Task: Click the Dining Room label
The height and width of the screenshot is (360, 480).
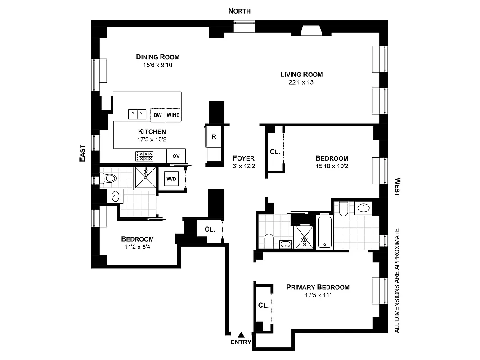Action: (157, 57)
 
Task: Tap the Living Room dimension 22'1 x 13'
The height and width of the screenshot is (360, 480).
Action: (301, 82)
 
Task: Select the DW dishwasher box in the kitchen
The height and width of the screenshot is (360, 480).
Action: (157, 115)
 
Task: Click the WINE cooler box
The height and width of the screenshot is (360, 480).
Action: (173, 115)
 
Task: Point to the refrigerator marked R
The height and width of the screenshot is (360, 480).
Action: (214, 137)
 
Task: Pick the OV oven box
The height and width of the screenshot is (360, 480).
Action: (176, 156)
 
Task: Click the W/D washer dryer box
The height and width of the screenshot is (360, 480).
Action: (171, 179)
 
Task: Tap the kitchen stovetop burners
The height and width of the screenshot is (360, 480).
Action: (144, 156)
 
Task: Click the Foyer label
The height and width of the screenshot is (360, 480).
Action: (243, 158)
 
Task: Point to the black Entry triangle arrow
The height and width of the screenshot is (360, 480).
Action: (241, 334)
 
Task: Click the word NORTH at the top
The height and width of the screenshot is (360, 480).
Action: (239, 11)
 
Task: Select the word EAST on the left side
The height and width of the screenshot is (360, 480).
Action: (82, 153)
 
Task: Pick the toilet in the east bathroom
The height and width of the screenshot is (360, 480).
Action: (108, 178)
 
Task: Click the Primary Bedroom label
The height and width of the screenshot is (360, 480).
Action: (318, 287)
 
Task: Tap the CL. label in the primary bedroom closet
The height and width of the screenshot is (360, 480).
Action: (263, 305)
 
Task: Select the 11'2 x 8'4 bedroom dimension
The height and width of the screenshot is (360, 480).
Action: (137, 247)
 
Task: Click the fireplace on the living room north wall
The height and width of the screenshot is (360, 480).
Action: (310, 31)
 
